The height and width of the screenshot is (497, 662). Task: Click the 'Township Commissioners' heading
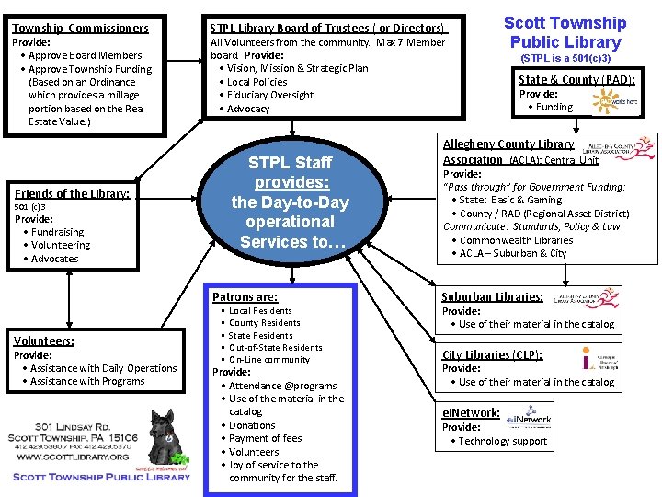(x=79, y=29)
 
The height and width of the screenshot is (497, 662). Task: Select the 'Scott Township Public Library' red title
(x=565, y=32)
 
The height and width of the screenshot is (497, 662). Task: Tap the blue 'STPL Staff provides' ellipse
(x=290, y=202)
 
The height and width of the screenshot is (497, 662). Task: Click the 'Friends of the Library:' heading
(x=72, y=193)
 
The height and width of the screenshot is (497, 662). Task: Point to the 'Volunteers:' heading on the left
(x=44, y=341)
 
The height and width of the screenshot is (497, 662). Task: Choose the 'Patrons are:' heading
(x=245, y=297)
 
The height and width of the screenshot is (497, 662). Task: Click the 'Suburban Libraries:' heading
(x=492, y=297)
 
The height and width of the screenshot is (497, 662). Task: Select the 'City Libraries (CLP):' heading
(x=492, y=355)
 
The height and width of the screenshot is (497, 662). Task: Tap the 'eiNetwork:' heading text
(x=471, y=413)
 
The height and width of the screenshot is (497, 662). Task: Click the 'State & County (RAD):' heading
(x=576, y=80)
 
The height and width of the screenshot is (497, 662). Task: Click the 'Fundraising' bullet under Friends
(x=57, y=233)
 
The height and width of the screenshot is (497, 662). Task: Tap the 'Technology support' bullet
(x=503, y=442)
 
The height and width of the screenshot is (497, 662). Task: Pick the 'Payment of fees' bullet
(x=265, y=439)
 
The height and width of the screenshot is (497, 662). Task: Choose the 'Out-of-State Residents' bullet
(x=276, y=348)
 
